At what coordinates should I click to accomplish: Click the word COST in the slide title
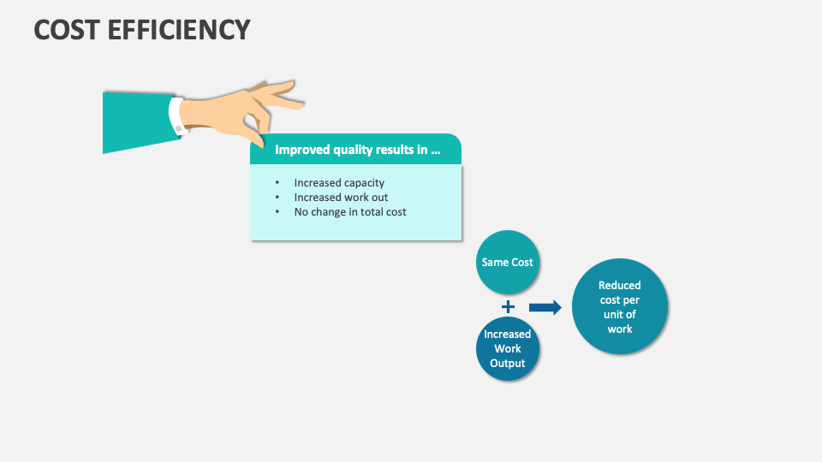[67, 29]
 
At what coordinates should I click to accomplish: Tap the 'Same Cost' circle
[507, 263]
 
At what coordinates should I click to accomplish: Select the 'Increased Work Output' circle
[508, 348]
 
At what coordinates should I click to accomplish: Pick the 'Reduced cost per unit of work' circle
[619, 307]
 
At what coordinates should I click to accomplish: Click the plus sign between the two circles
[508, 306]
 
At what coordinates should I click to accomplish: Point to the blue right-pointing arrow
[545, 307]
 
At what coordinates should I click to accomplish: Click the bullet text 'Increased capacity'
[339, 182]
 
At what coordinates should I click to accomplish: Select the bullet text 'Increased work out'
[341, 197]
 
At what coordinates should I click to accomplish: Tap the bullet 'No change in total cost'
[350, 211]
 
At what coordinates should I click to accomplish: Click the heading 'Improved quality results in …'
[357, 150]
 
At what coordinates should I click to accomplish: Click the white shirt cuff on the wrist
[177, 115]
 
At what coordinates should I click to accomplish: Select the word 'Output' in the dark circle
[508, 363]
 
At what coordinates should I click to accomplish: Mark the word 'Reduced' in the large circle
[619, 286]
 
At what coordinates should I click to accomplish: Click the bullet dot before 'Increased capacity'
[277, 183]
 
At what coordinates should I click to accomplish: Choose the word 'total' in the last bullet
[369, 211]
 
